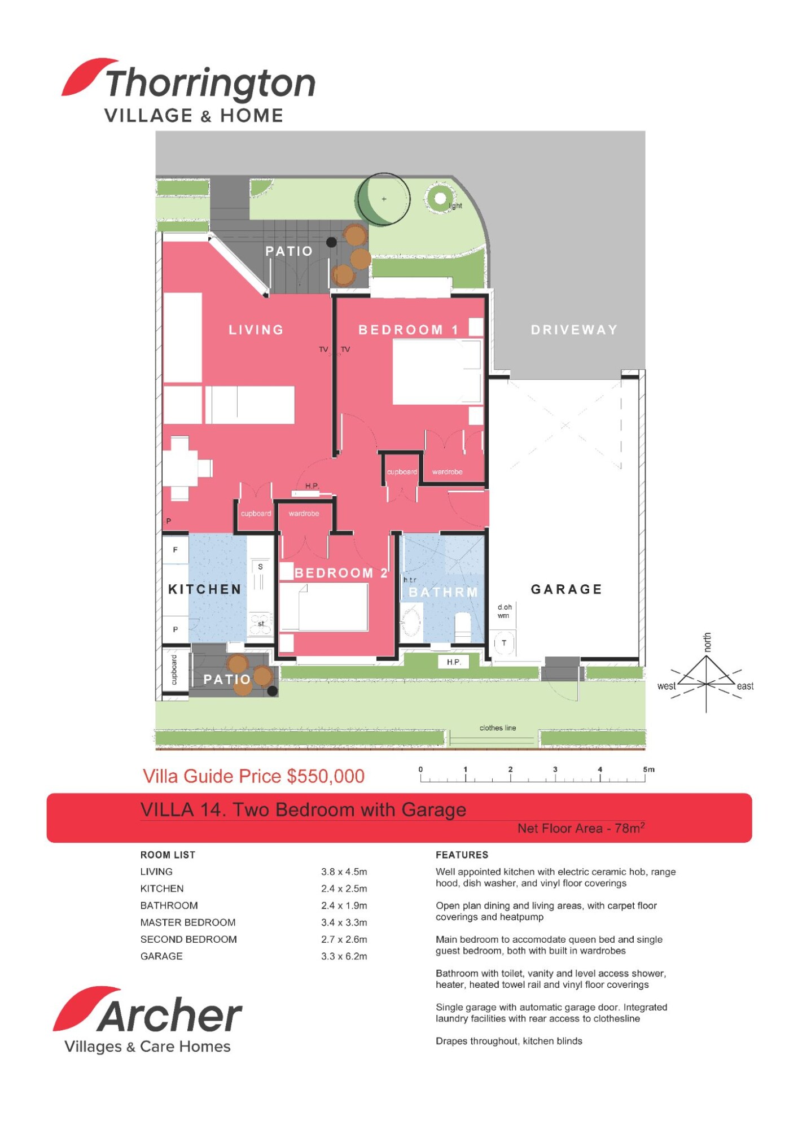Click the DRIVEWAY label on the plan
pos(574,330)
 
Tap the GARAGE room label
pos(566,589)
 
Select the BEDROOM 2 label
pos(341,573)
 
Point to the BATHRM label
pos(443,592)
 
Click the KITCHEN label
pos(204,589)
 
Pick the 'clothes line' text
pos(497,728)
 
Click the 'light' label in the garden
pos(455,206)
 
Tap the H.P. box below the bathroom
pos(454,662)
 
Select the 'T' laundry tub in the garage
pos(504,643)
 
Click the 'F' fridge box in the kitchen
pos(176,550)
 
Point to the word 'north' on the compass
pos(707,642)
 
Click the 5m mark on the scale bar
pos(648,769)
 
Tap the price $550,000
pos(326,776)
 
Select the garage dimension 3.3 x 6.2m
pos(344,956)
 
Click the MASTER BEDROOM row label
pos(188,922)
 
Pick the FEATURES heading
pos(462,855)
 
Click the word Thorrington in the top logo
pos(211,84)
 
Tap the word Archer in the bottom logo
pos(169,1016)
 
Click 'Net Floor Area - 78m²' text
pos(581,828)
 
